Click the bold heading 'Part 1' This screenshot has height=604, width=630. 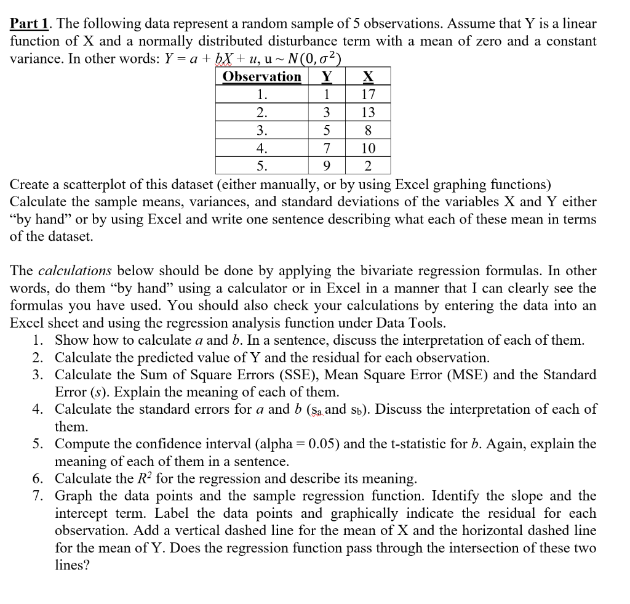(x=29, y=24)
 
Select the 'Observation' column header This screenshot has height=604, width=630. (x=261, y=76)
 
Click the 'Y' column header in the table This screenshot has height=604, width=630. (x=328, y=76)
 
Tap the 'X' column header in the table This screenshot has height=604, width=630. (x=367, y=76)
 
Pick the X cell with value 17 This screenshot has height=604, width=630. (x=367, y=94)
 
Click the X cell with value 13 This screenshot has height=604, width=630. (x=367, y=112)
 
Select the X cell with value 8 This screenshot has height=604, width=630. (x=367, y=130)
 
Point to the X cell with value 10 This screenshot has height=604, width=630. (x=367, y=148)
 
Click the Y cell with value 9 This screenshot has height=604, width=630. (x=327, y=166)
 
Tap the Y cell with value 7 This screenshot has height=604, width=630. (x=327, y=148)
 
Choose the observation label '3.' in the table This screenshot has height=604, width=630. (x=262, y=130)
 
